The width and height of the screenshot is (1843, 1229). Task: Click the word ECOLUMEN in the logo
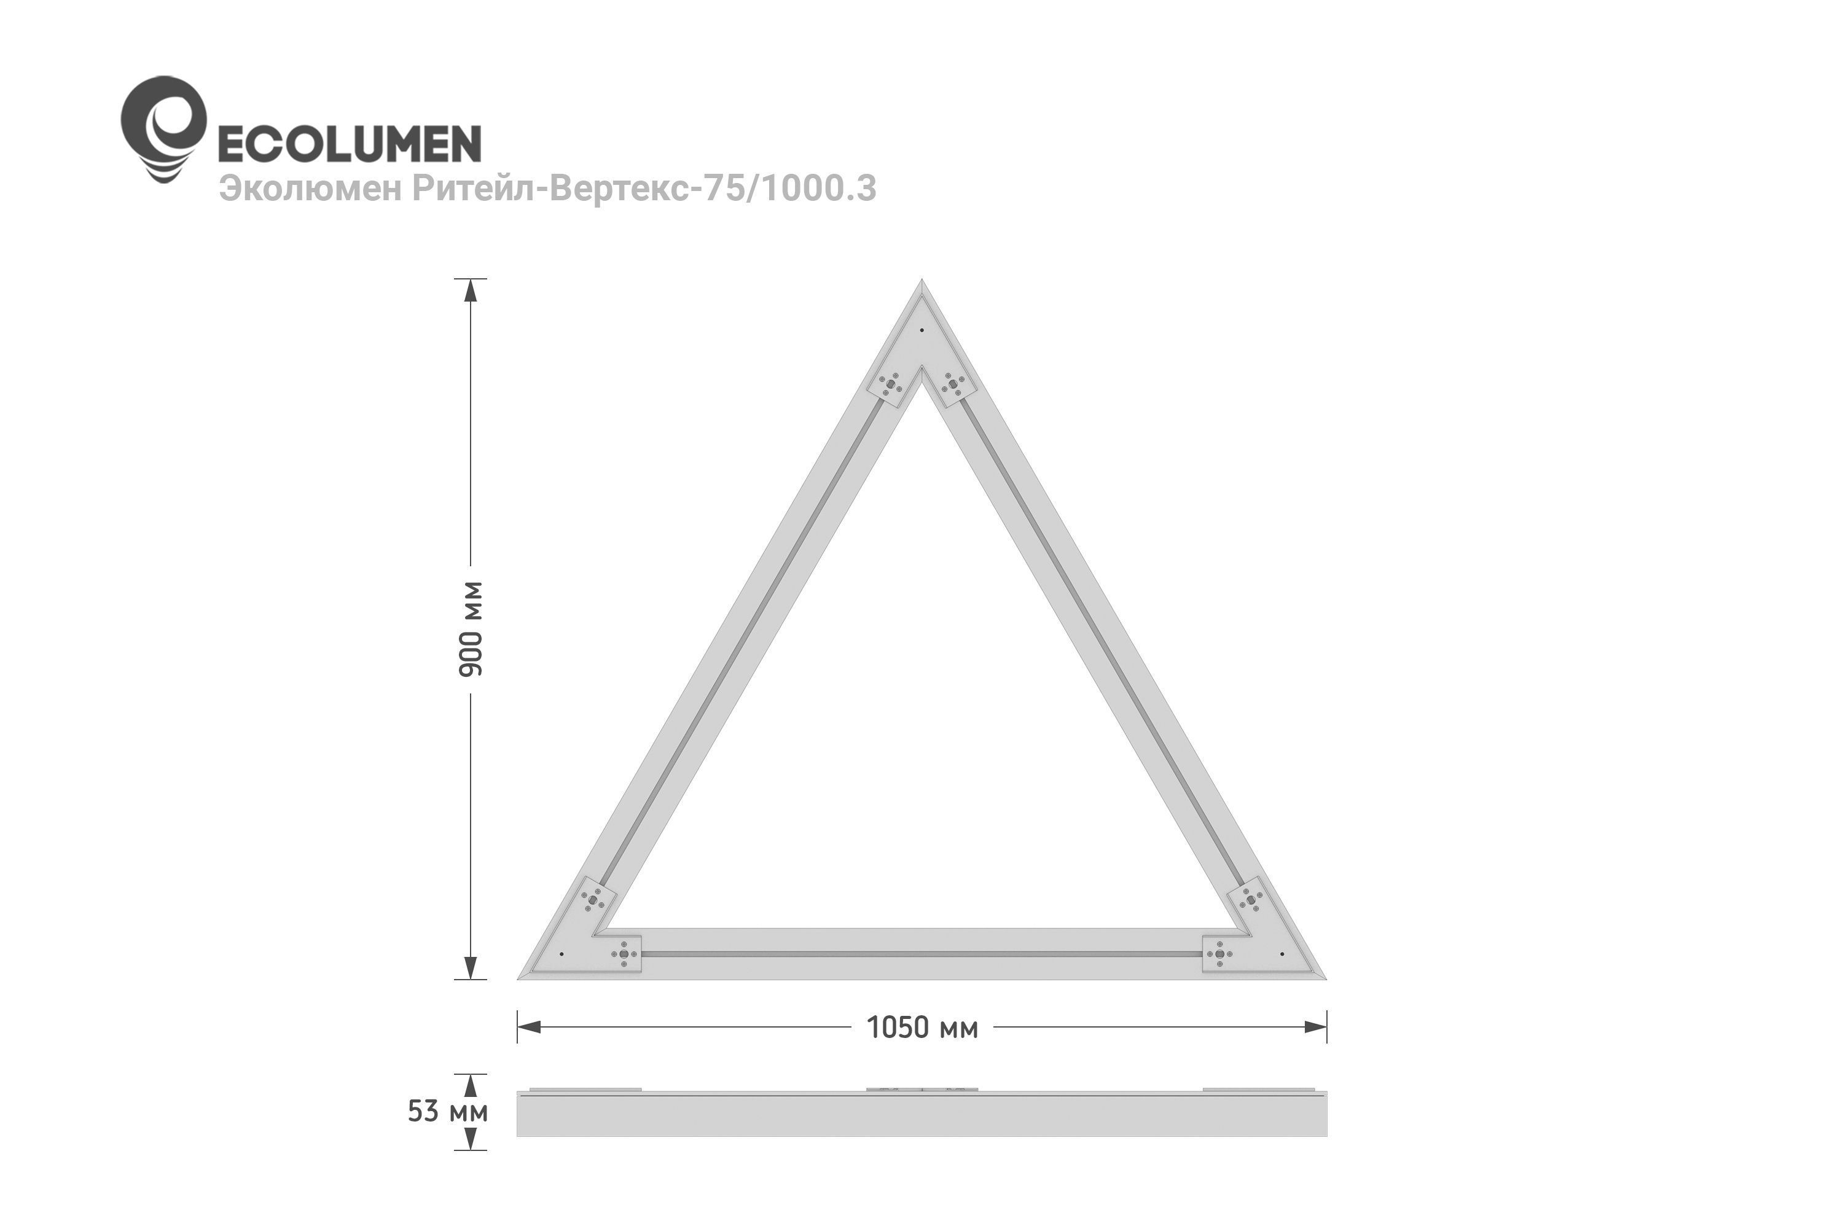349,144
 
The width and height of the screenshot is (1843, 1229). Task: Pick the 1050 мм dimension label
922,1028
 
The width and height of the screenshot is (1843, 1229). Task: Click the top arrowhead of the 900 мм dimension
471,291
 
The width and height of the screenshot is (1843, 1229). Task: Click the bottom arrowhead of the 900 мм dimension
471,967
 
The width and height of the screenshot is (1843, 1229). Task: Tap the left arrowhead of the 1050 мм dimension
529,1027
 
